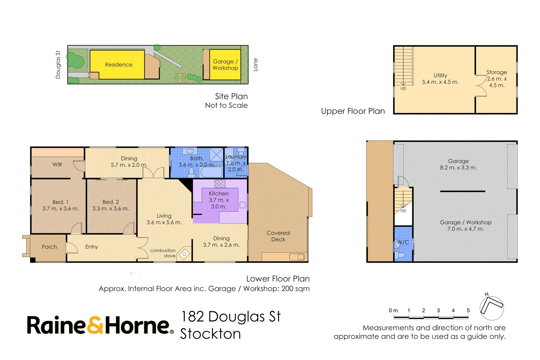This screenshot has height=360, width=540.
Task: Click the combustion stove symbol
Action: point(184,254)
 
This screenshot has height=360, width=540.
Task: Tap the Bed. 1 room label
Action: point(60,202)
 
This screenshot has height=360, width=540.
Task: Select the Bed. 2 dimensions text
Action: point(110,209)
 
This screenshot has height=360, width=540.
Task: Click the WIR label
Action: point(57,165)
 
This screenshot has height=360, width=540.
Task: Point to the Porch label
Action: point(49,247)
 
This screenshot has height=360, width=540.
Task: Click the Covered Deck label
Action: point(278,236)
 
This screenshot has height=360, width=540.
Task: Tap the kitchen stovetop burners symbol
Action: point(219,184)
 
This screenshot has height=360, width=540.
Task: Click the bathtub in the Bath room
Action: point(211,172)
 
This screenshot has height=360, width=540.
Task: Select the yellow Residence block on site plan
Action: point(117,65)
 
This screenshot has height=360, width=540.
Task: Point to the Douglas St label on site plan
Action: point(58,65)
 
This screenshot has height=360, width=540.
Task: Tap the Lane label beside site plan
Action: point(256,65)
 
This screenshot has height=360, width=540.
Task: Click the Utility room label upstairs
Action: point(440,76)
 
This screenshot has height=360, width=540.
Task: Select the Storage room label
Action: point(496,72)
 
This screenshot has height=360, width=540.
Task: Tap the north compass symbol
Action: point(491,308)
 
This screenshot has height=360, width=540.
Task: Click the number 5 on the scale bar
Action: point(468,310)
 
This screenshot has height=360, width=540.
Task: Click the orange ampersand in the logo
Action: point(96,325)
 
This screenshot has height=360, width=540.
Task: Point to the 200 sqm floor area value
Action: point(295,289)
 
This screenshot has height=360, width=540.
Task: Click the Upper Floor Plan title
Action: point(353,111)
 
